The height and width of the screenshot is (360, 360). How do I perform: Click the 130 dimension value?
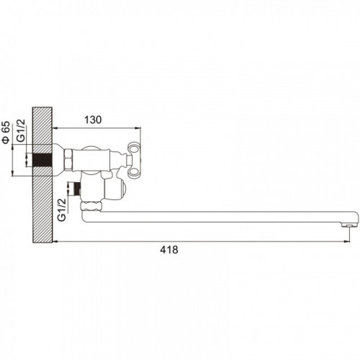coord(93,120)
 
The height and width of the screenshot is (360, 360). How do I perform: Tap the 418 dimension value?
coord(169,250)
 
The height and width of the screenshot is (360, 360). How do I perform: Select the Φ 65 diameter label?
coord(6,132)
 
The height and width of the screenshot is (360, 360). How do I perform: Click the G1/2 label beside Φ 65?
coord(22,130)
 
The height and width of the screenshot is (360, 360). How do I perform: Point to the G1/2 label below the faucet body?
coord(62,210)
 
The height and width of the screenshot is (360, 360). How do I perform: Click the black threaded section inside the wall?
coord(42,160)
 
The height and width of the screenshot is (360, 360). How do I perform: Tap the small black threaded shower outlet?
coord(77,189)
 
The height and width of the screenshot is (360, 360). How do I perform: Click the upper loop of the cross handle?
coord(133,148)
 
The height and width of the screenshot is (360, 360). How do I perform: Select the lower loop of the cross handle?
coord(134,172)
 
